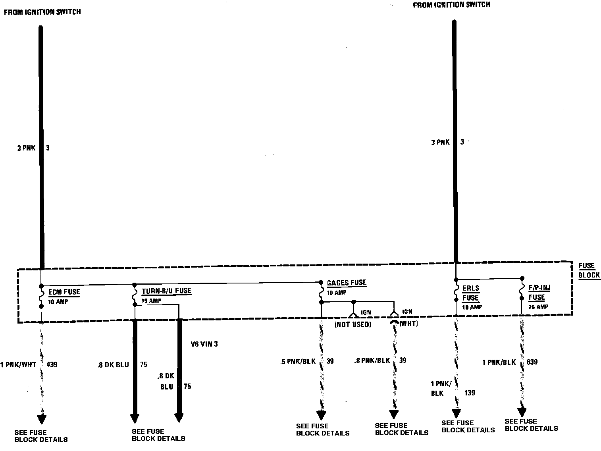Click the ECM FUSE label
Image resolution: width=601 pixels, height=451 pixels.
point(64,292)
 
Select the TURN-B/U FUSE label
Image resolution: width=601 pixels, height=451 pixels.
point(166,291)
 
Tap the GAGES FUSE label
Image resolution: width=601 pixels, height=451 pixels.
point(346,283)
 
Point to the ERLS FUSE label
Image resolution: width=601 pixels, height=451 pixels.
point(470,293)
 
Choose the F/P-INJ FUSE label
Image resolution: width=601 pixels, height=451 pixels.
point(539,292)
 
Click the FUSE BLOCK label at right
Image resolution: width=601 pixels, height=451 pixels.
point(589,270)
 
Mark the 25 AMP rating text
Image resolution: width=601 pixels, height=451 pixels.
point(538,307)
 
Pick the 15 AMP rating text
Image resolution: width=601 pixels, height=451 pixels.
point(151,301)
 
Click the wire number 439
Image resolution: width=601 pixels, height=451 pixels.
point(52,364)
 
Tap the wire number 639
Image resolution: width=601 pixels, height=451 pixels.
point(532,362)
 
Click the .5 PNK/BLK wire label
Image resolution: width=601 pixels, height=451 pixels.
point(297,361)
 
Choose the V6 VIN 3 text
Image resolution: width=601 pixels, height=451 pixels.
point(204,344)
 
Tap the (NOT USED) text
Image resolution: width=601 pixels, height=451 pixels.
point(353,324)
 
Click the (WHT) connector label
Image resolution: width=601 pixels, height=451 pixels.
point(409,324)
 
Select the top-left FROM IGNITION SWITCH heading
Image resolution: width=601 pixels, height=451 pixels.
point(42,12)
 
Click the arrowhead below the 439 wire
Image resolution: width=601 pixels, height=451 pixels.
point(41,419)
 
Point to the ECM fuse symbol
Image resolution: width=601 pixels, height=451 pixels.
point(41,296)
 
